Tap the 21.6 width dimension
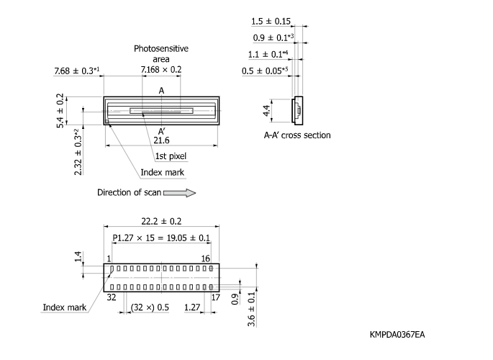pos(161,140)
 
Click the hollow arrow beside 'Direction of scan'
pos(180,192)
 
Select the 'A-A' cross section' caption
pos(297,135)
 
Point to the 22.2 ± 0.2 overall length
pos(162,222)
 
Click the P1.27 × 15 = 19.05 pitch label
pos(161,238)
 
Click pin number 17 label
pos(214,294)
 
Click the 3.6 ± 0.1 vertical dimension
pos(251,307)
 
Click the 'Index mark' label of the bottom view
pos(64,307)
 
